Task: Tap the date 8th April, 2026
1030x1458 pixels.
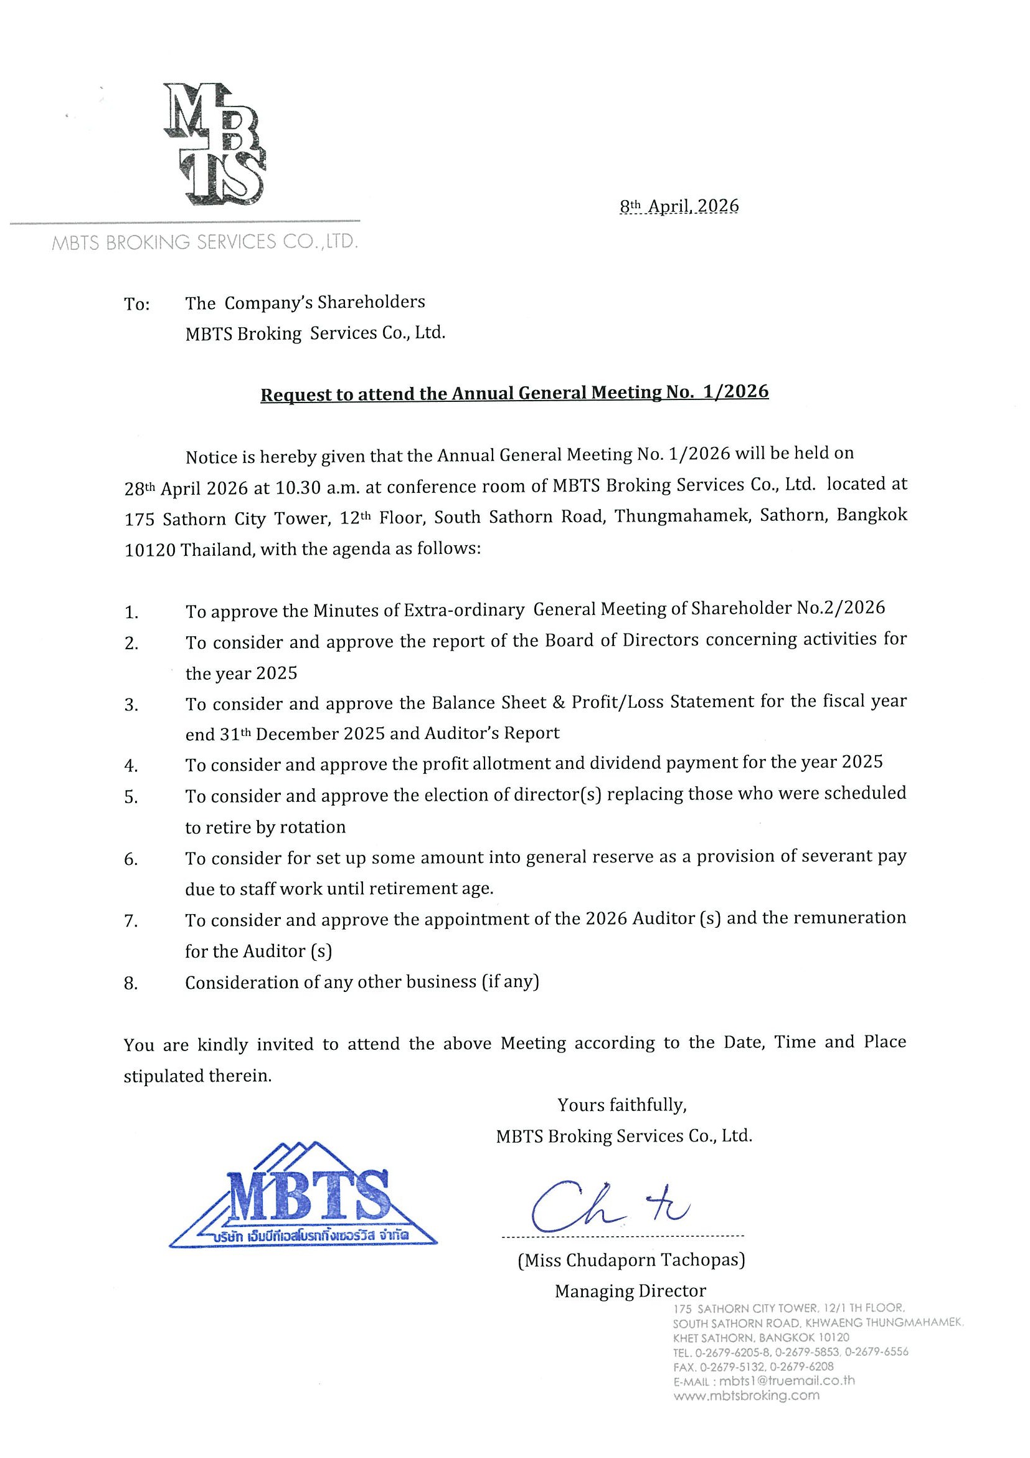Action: coord(679,206)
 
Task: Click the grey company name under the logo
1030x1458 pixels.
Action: coord(204,242)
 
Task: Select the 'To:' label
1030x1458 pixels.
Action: coord(136,304)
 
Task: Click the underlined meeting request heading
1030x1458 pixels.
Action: coord(514,393)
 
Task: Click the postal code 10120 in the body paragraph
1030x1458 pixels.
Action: coord(150,550)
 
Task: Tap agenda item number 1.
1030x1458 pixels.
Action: coord(131,612)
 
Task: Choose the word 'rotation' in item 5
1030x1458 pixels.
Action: coord(313,827)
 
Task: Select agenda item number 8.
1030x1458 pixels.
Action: coord(131,984)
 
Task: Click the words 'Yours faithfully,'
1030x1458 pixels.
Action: coord(622,1105)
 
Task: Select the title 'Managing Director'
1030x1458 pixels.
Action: coord(630,1291)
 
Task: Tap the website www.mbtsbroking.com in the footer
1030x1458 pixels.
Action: coord(746,1396)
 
